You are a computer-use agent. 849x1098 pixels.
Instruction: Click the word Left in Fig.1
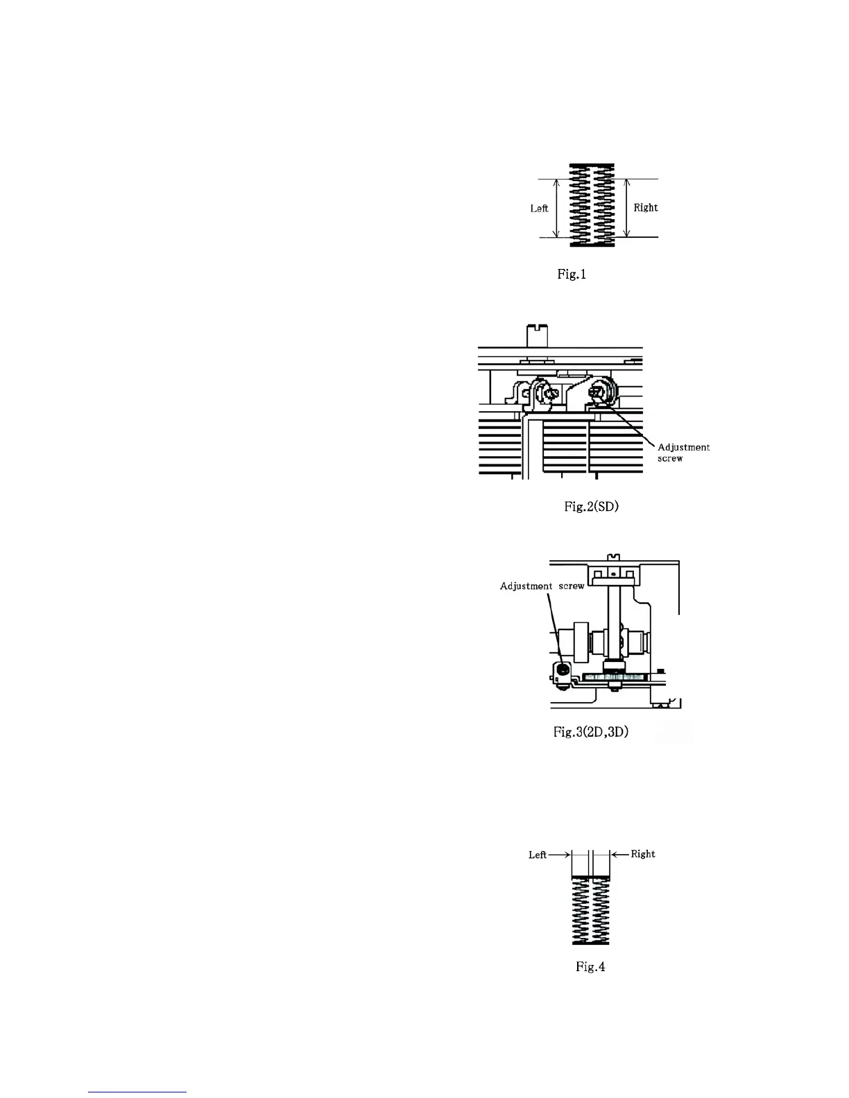539,208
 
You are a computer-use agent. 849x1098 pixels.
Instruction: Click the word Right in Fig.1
645,207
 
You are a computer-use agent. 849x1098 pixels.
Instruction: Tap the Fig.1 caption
572,274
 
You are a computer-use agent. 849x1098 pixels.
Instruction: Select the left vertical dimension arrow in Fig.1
556,208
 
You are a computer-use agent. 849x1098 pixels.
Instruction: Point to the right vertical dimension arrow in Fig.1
626,208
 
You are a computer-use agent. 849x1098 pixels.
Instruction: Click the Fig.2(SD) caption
591,507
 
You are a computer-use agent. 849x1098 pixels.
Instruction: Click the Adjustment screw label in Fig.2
683,453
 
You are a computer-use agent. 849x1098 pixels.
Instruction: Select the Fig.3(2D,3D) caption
591,731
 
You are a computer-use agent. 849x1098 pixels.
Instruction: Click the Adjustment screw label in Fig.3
542,586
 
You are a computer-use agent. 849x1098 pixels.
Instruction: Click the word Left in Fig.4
538,855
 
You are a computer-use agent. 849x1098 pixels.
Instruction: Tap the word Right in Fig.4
643,854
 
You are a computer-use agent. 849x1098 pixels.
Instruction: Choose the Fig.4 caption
590,967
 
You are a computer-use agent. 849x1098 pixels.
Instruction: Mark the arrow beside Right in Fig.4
619,854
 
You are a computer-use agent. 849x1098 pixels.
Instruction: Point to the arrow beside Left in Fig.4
559,855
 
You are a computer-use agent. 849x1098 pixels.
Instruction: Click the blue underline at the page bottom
138,1092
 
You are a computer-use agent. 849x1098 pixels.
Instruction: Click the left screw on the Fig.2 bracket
550,394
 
